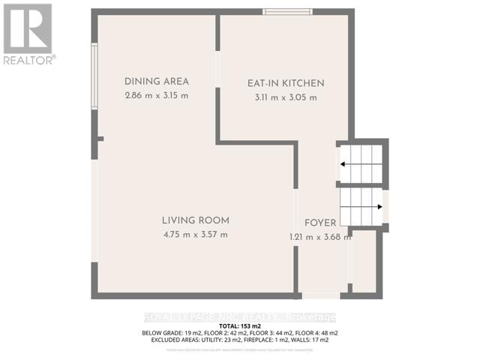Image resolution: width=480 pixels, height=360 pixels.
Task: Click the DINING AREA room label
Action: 156,82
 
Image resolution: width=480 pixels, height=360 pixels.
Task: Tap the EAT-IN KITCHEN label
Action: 286,83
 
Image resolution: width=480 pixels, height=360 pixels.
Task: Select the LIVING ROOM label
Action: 195,220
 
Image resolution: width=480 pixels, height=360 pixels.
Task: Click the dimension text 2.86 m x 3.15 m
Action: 156,96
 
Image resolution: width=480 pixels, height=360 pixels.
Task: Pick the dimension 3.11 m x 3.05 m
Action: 286,97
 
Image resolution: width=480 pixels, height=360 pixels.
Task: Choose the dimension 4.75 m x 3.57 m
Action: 195,235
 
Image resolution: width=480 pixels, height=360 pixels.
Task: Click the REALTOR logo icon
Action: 28,28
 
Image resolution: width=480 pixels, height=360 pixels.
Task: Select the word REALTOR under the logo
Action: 28,59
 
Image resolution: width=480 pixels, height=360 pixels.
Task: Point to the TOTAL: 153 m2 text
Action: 240,326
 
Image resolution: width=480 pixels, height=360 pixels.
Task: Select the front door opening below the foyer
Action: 320,295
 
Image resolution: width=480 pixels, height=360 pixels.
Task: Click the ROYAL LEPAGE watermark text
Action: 240,317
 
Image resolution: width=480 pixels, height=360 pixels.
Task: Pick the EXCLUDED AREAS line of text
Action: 240,340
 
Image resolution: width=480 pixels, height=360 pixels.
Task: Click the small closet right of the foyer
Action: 365,262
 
